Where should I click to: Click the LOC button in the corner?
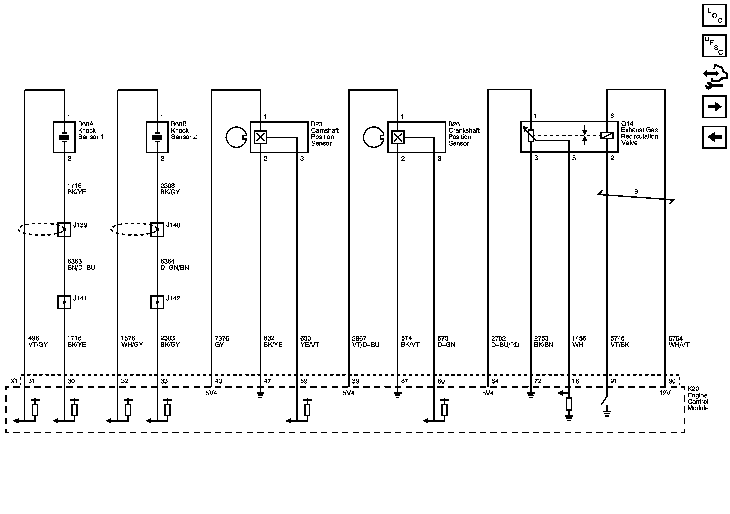(x=714, y=15)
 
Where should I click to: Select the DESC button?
(x=714, y=46)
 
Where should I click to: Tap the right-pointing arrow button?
(x=714, y=107)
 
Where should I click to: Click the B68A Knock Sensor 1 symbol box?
(x=64, y=137)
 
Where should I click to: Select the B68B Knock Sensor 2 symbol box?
(x=157, y=137)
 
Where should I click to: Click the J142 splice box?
(x=157, y=302)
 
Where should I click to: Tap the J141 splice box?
(x=64, y=302)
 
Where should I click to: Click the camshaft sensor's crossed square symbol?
(x=260, y=137)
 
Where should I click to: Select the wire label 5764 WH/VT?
(x=679, y=341)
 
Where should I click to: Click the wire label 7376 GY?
(x=222, y=341)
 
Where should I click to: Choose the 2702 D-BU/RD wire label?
(x=505, y=341)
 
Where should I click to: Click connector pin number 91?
(x=613, y=381)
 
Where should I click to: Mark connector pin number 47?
(x=267, y=381)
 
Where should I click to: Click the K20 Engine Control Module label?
(x=698, y=398)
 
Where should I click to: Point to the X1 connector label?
(x=14, y=381)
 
